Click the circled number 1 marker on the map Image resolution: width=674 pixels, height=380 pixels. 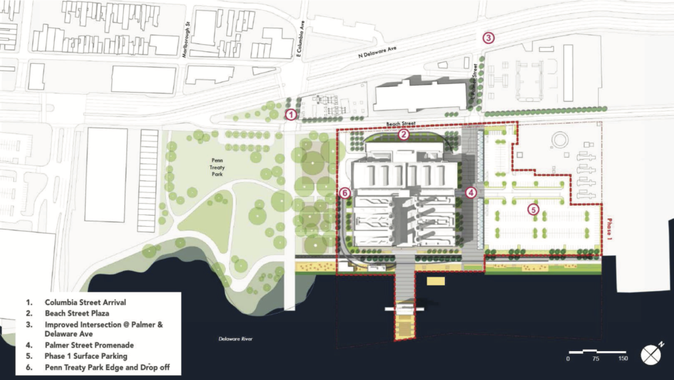(x=291, y=114)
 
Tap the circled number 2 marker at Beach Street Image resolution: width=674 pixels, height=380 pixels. (x=404, y=135)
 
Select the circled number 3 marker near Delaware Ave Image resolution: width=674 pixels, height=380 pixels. (x=488, y=38)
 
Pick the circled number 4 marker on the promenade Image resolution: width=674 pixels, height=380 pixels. (x=471, y=193)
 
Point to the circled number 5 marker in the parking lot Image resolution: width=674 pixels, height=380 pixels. (x=534, y=209)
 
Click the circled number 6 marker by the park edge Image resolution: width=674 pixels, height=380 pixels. (x=344, y=193)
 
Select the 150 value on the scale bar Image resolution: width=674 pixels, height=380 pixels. (x=623, y=359)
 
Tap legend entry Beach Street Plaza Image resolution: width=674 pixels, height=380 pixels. (x=73, y=314)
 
